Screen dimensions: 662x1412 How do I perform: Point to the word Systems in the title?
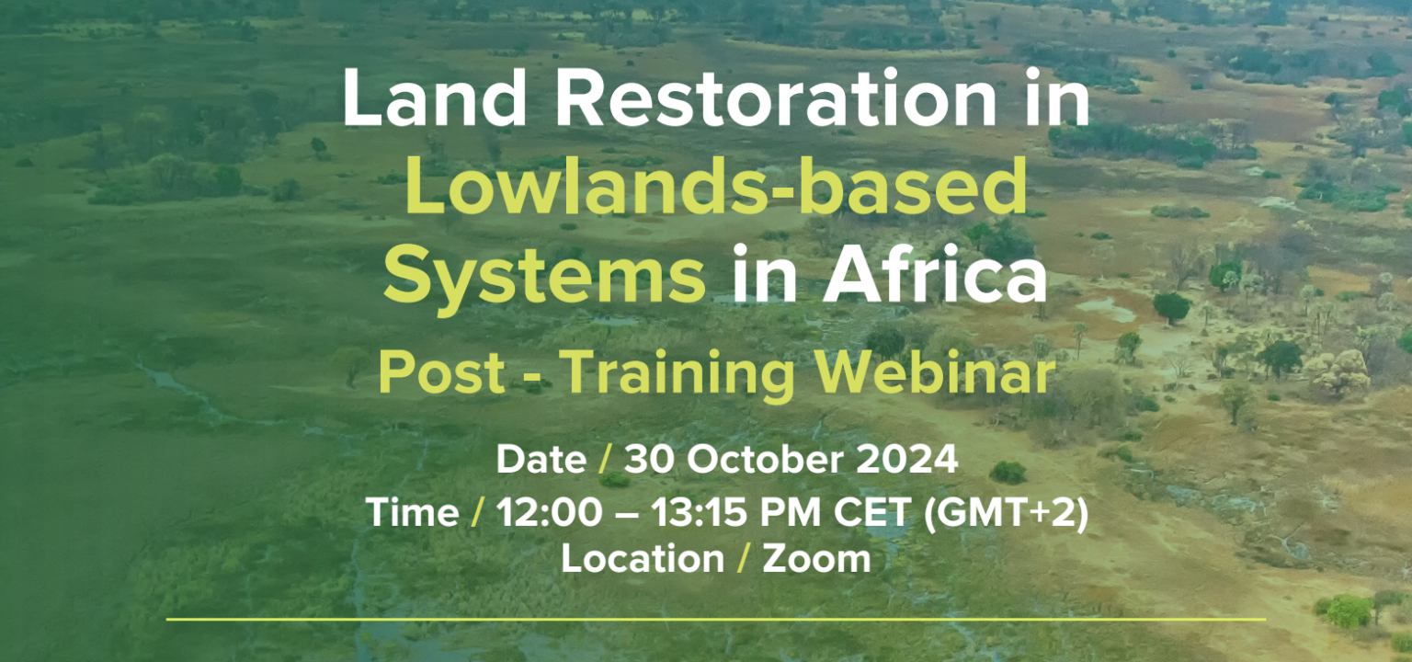pyautogui.click(x=544, y=275)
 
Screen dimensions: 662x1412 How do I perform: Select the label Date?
pyautogui.click(x=541, y=460)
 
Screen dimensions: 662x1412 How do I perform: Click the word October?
pyautogui.click(x=766, y=460)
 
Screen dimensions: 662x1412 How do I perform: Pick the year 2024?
pyautogui.click(x=905, y=460)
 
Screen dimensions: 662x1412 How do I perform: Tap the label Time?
pyautogui.click(x=413, y=511)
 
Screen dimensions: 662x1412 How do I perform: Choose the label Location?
pyautogui.click(x=643, y=559)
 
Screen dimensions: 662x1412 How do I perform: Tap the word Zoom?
pyautogui.click(x=816, y=559)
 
